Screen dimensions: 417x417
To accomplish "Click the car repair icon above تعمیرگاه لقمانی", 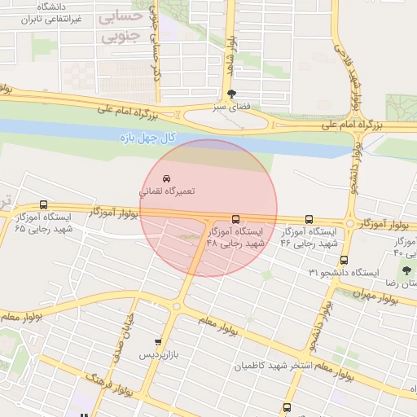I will point(166,178).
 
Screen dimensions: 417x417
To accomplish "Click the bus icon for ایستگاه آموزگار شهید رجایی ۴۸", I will point(236,219).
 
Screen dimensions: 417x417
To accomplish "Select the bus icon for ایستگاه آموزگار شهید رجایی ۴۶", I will point(309,219).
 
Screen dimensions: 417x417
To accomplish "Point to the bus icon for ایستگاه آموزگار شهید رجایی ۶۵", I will point(43,205).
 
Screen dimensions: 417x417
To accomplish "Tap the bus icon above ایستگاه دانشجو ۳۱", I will point(344,260).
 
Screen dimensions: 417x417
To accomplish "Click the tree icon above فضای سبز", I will point(234,94).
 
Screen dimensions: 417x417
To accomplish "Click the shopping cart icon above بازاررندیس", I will point(157,343).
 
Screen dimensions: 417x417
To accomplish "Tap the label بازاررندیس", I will point(156,356).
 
